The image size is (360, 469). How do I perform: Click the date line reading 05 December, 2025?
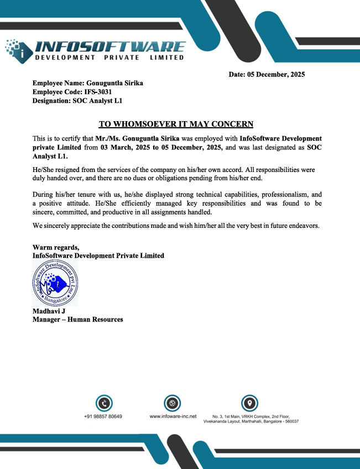point(267,74)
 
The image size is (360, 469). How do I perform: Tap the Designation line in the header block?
point(77,101)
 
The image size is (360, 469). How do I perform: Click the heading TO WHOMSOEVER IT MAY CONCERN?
point(175,124)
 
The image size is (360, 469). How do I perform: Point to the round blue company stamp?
point(55,284)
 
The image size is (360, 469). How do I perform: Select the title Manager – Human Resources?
point(77,320)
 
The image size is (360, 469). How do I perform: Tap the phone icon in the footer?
point(103,403)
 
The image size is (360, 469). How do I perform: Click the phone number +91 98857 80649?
point(103,416)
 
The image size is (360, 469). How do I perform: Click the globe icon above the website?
point(173,403)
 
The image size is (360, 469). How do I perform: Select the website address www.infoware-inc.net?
point(173,416)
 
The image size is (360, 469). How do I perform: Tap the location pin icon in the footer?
point(250,403)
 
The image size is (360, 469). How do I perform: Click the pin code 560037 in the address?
point(289,421)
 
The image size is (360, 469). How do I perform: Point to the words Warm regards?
point(56,247)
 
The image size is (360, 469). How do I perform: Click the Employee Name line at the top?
point(88,83)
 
